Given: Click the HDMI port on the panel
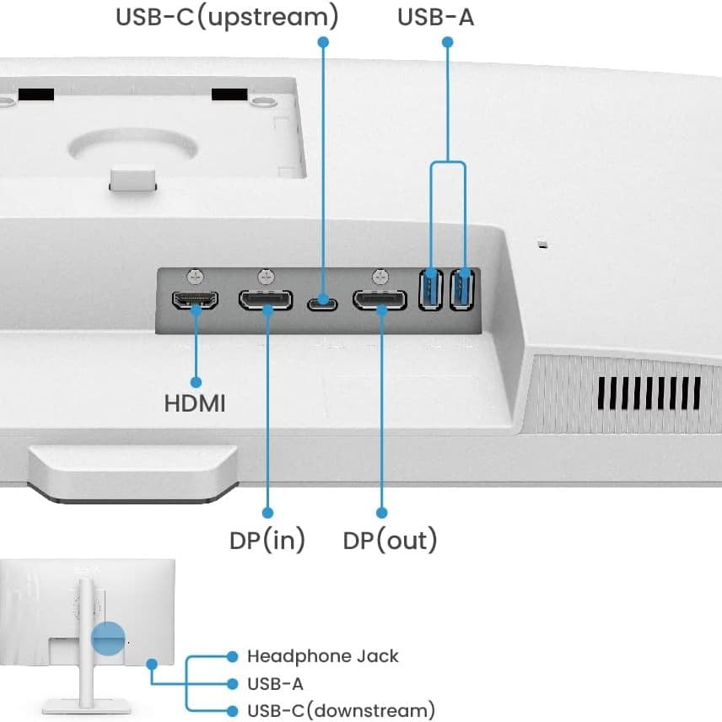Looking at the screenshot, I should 196,299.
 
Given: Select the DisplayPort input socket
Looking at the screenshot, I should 266,299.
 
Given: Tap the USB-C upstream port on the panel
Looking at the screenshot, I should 321,301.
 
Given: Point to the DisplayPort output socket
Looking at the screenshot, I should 380,299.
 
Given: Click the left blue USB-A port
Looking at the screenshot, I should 431,289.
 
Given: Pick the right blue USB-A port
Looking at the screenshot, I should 461,289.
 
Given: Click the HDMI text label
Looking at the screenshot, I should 195,403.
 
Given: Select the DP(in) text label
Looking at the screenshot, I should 267,540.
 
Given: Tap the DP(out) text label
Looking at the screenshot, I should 390,540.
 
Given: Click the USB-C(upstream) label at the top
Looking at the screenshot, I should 227,16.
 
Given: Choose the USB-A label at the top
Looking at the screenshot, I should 435,16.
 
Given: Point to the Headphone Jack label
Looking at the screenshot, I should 322,656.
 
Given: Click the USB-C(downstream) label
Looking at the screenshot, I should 341,709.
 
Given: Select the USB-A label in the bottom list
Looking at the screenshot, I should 275,683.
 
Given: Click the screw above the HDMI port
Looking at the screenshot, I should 196,276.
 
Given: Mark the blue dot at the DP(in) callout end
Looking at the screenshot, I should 267,512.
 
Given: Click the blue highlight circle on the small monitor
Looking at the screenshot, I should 108,639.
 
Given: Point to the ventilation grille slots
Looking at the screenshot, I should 649,393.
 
